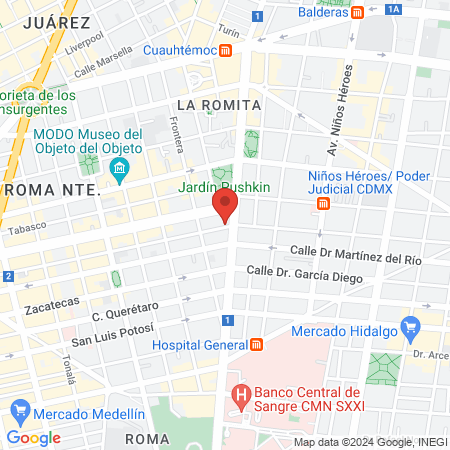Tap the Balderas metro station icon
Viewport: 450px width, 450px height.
(x=357, y=14)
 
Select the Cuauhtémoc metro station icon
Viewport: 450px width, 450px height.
(x=227, y=50)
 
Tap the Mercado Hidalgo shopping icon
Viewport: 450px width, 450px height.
(x=409, y=326)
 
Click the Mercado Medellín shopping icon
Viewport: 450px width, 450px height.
(x=19, y=410)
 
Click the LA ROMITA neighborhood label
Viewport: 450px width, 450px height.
(x=217, y=104)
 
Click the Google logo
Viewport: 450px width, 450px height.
(x=33, y=437)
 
